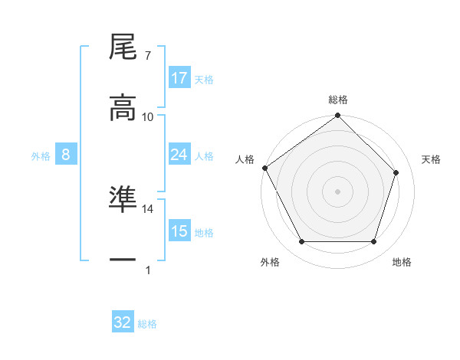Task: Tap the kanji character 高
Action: (x=123, y=108)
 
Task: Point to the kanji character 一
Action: (x=123, y=260)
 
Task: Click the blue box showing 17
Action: (x=179, y=78)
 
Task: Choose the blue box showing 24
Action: (x=179, y=155)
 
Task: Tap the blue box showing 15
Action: (x=179, y=231)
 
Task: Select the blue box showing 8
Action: (x=66, y=155)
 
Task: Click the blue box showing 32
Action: (x=123, y=322)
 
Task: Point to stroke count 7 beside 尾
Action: (x=147, y=55)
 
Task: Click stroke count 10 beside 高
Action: (x=148, y=116)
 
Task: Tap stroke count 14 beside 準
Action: (x=148, y=208)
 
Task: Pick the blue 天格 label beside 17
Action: (x=204, y=79)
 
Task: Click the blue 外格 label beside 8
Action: (x=41, y=155)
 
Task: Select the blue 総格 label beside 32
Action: (x=147, y=324)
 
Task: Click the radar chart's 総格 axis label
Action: (x=338, y=100)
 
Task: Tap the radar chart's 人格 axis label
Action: (x=245, y=159)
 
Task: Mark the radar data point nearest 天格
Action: (x=396, y=173)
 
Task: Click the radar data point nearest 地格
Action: (x=374, y=242)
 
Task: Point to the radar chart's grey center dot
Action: (x=338, y=191)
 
